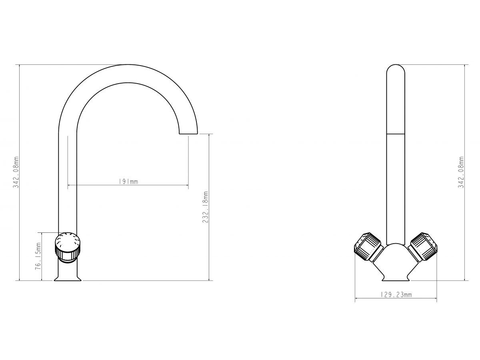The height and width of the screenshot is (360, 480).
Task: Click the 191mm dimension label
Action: [128, 182]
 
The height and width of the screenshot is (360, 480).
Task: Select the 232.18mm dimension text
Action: [205, 207]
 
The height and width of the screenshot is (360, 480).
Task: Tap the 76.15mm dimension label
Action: [38, 256]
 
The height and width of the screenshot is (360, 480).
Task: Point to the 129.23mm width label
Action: [396, 295]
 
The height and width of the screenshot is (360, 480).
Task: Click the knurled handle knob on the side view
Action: [68, 248]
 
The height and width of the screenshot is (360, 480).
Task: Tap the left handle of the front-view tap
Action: [368, 247]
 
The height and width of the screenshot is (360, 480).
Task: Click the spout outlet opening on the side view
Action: [188, 134]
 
